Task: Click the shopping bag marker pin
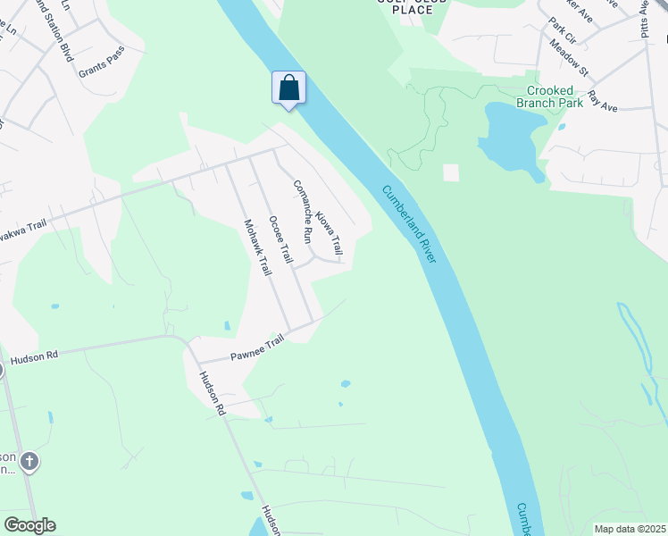click(288, 88)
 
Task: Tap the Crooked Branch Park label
click(555, 96)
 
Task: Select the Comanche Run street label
click(302, 212)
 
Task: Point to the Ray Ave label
click(602, 100)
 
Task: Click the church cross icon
click(29, 462)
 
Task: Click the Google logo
click(29, 524)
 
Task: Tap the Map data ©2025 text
click(629, 529)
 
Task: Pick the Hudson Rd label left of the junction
click(34, 356)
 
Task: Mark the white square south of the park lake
click(451, 172)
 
